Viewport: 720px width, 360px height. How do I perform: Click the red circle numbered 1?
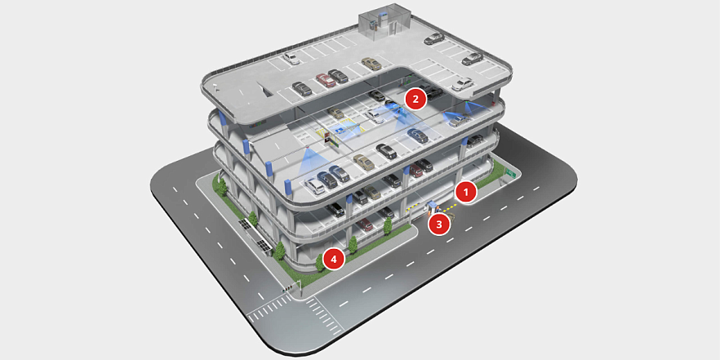pos(466,193)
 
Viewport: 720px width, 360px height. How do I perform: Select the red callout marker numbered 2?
pos(416,99)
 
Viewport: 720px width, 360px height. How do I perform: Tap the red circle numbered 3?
pos(439,224)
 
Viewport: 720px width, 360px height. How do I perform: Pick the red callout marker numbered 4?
pos(334,260)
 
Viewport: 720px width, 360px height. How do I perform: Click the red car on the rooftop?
pos(326,80)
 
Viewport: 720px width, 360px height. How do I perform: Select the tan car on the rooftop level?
pos(371,64)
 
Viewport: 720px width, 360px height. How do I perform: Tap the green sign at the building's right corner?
pos(509,173)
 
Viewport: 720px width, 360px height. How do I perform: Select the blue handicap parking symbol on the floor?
pos(340,131)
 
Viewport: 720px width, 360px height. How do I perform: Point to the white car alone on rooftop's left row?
pos(291,58)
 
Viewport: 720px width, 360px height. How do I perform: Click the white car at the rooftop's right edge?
pos(462,85)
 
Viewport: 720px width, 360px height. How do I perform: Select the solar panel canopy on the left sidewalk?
pos(253,236)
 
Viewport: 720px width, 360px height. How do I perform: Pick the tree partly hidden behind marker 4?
pos(320,262)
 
